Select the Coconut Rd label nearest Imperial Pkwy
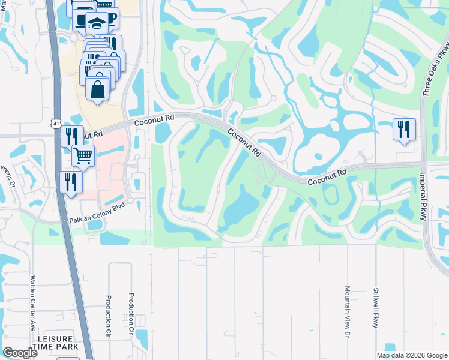pyautogui.click(x=327, y=176)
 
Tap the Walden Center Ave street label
pyautogui.click(x=32, y=303)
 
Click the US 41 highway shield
pyautogui.click(x=55, y=123)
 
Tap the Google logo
pyautogui.click(x=20, y=353)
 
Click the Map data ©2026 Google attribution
pyautogui.click(x=411, y=355)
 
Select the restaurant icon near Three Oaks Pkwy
pyautogui.click(x=403, y=128)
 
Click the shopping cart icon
pyautogui.click(x=83, y=155)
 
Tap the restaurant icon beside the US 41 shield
pyautogui.click(x=71, y=135)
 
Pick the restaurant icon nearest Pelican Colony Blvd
pyautogui.click(x=70, y=181)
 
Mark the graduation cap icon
pyautogui.click(x=97, y=22)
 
